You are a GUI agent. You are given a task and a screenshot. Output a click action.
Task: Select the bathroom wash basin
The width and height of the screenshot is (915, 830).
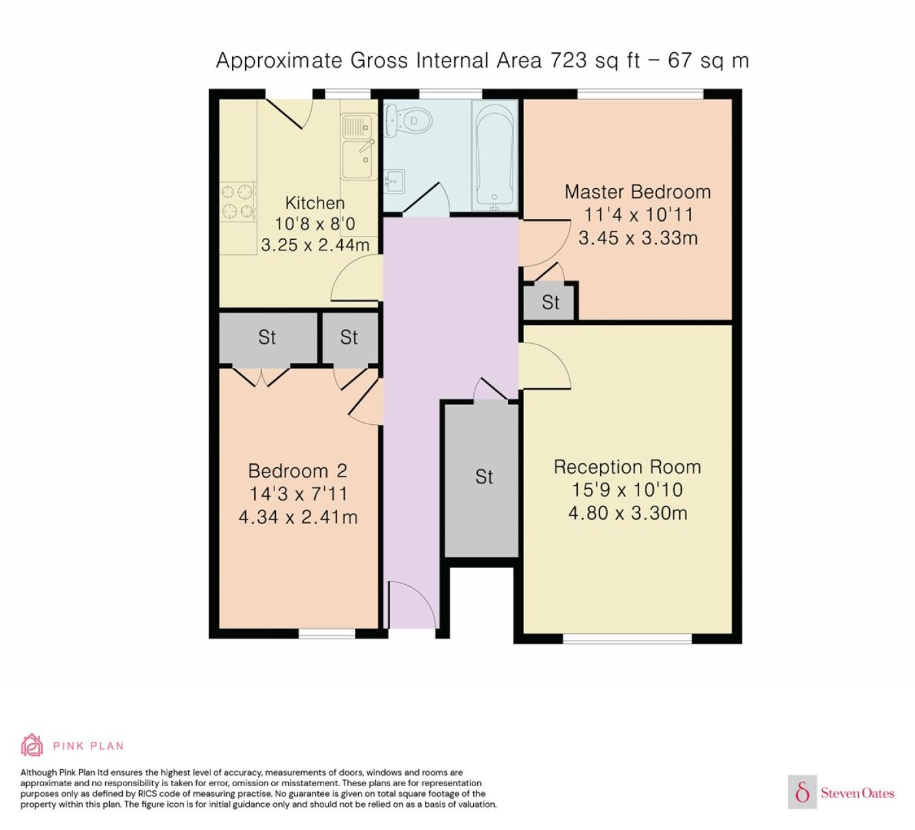coord(394,182)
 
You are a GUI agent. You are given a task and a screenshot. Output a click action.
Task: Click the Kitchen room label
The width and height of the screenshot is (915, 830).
coord(315,203)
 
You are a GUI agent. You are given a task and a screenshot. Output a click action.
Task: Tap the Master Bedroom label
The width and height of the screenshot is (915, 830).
coord(638,191)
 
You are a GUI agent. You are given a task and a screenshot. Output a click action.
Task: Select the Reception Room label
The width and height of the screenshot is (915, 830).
coord(627,467)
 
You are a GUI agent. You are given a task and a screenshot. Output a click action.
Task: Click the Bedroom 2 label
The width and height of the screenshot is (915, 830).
coord(297,471)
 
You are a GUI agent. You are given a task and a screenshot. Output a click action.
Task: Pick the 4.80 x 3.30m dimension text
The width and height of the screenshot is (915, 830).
coord(627,513)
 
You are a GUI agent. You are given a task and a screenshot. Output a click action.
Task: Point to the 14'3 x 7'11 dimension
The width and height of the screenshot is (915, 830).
coord(298,493)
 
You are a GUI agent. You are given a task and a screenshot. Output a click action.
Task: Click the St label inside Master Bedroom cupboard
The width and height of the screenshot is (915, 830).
coord(550,302)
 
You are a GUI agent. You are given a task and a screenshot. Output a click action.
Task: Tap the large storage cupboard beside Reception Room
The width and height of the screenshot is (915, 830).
coord(482,478)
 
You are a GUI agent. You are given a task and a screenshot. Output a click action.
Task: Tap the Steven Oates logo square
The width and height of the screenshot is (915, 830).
coord(803,792)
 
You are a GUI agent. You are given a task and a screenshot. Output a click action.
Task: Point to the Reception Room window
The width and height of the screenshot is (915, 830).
coord(627,639)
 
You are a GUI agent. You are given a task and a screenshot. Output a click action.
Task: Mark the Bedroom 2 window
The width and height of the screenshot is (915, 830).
coord(327,633)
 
